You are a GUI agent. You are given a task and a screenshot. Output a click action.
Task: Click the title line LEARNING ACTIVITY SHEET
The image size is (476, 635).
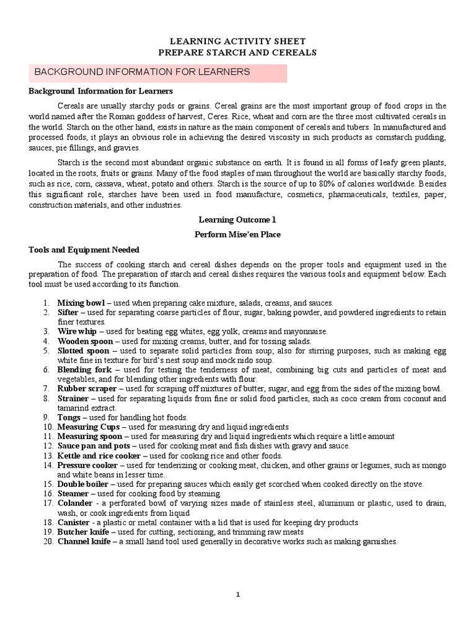click(x=237, y=42)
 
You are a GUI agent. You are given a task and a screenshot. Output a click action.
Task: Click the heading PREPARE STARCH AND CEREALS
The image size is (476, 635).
click(x=237, y=53)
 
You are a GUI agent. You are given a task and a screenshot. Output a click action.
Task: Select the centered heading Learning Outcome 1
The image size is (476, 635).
click(x=237, y=220)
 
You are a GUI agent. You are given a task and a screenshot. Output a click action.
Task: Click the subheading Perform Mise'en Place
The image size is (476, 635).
click(x=237, y=234)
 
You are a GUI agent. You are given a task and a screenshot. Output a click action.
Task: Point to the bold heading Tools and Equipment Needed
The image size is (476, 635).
click(x=84, y=249)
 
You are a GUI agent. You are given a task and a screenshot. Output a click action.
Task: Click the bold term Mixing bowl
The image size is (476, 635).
click(x=81, y=303)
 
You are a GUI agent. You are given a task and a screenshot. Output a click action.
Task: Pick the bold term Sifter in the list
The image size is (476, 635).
click(x=68, y=313)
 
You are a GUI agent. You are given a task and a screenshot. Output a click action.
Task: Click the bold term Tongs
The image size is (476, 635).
click(x=69, y=418)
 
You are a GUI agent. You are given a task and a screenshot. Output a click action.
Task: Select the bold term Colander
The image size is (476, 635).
click(x=75, y=503)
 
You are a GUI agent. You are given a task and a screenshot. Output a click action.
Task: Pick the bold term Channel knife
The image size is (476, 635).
click(x=84, y=541)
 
